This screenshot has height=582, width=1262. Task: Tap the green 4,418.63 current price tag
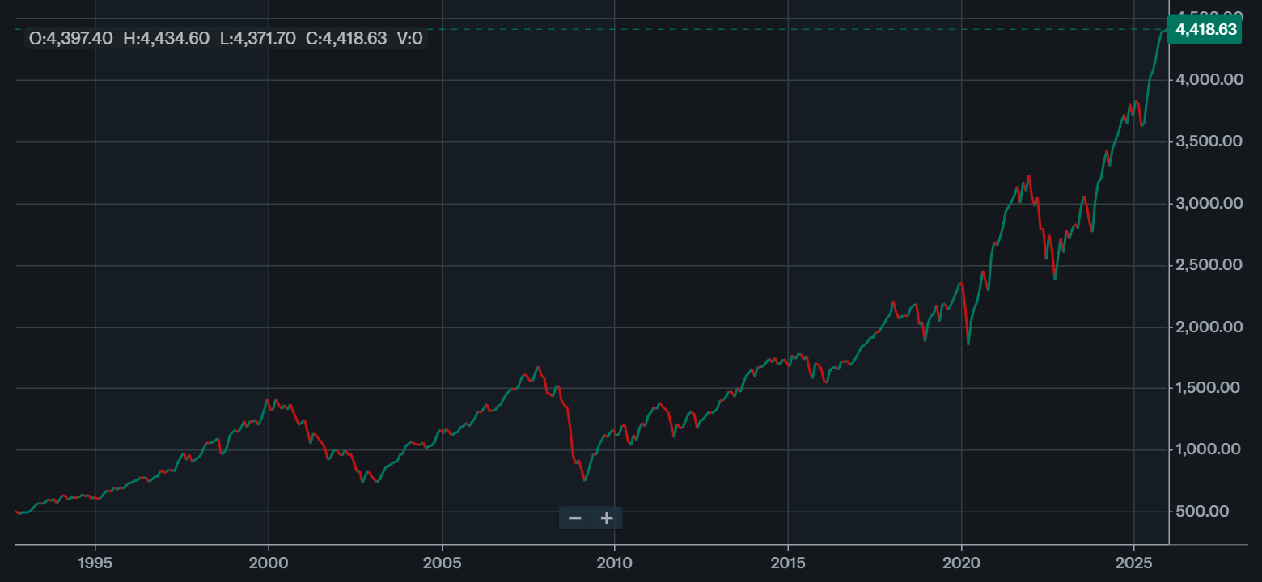pos(1205,30)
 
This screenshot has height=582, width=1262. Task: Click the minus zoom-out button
pos(574,518)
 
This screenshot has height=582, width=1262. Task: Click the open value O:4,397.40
pos(70,38)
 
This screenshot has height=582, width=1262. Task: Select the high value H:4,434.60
pos(166,38)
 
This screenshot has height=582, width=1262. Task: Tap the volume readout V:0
pos(409,38)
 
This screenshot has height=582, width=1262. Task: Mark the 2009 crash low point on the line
pos(584,480)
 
